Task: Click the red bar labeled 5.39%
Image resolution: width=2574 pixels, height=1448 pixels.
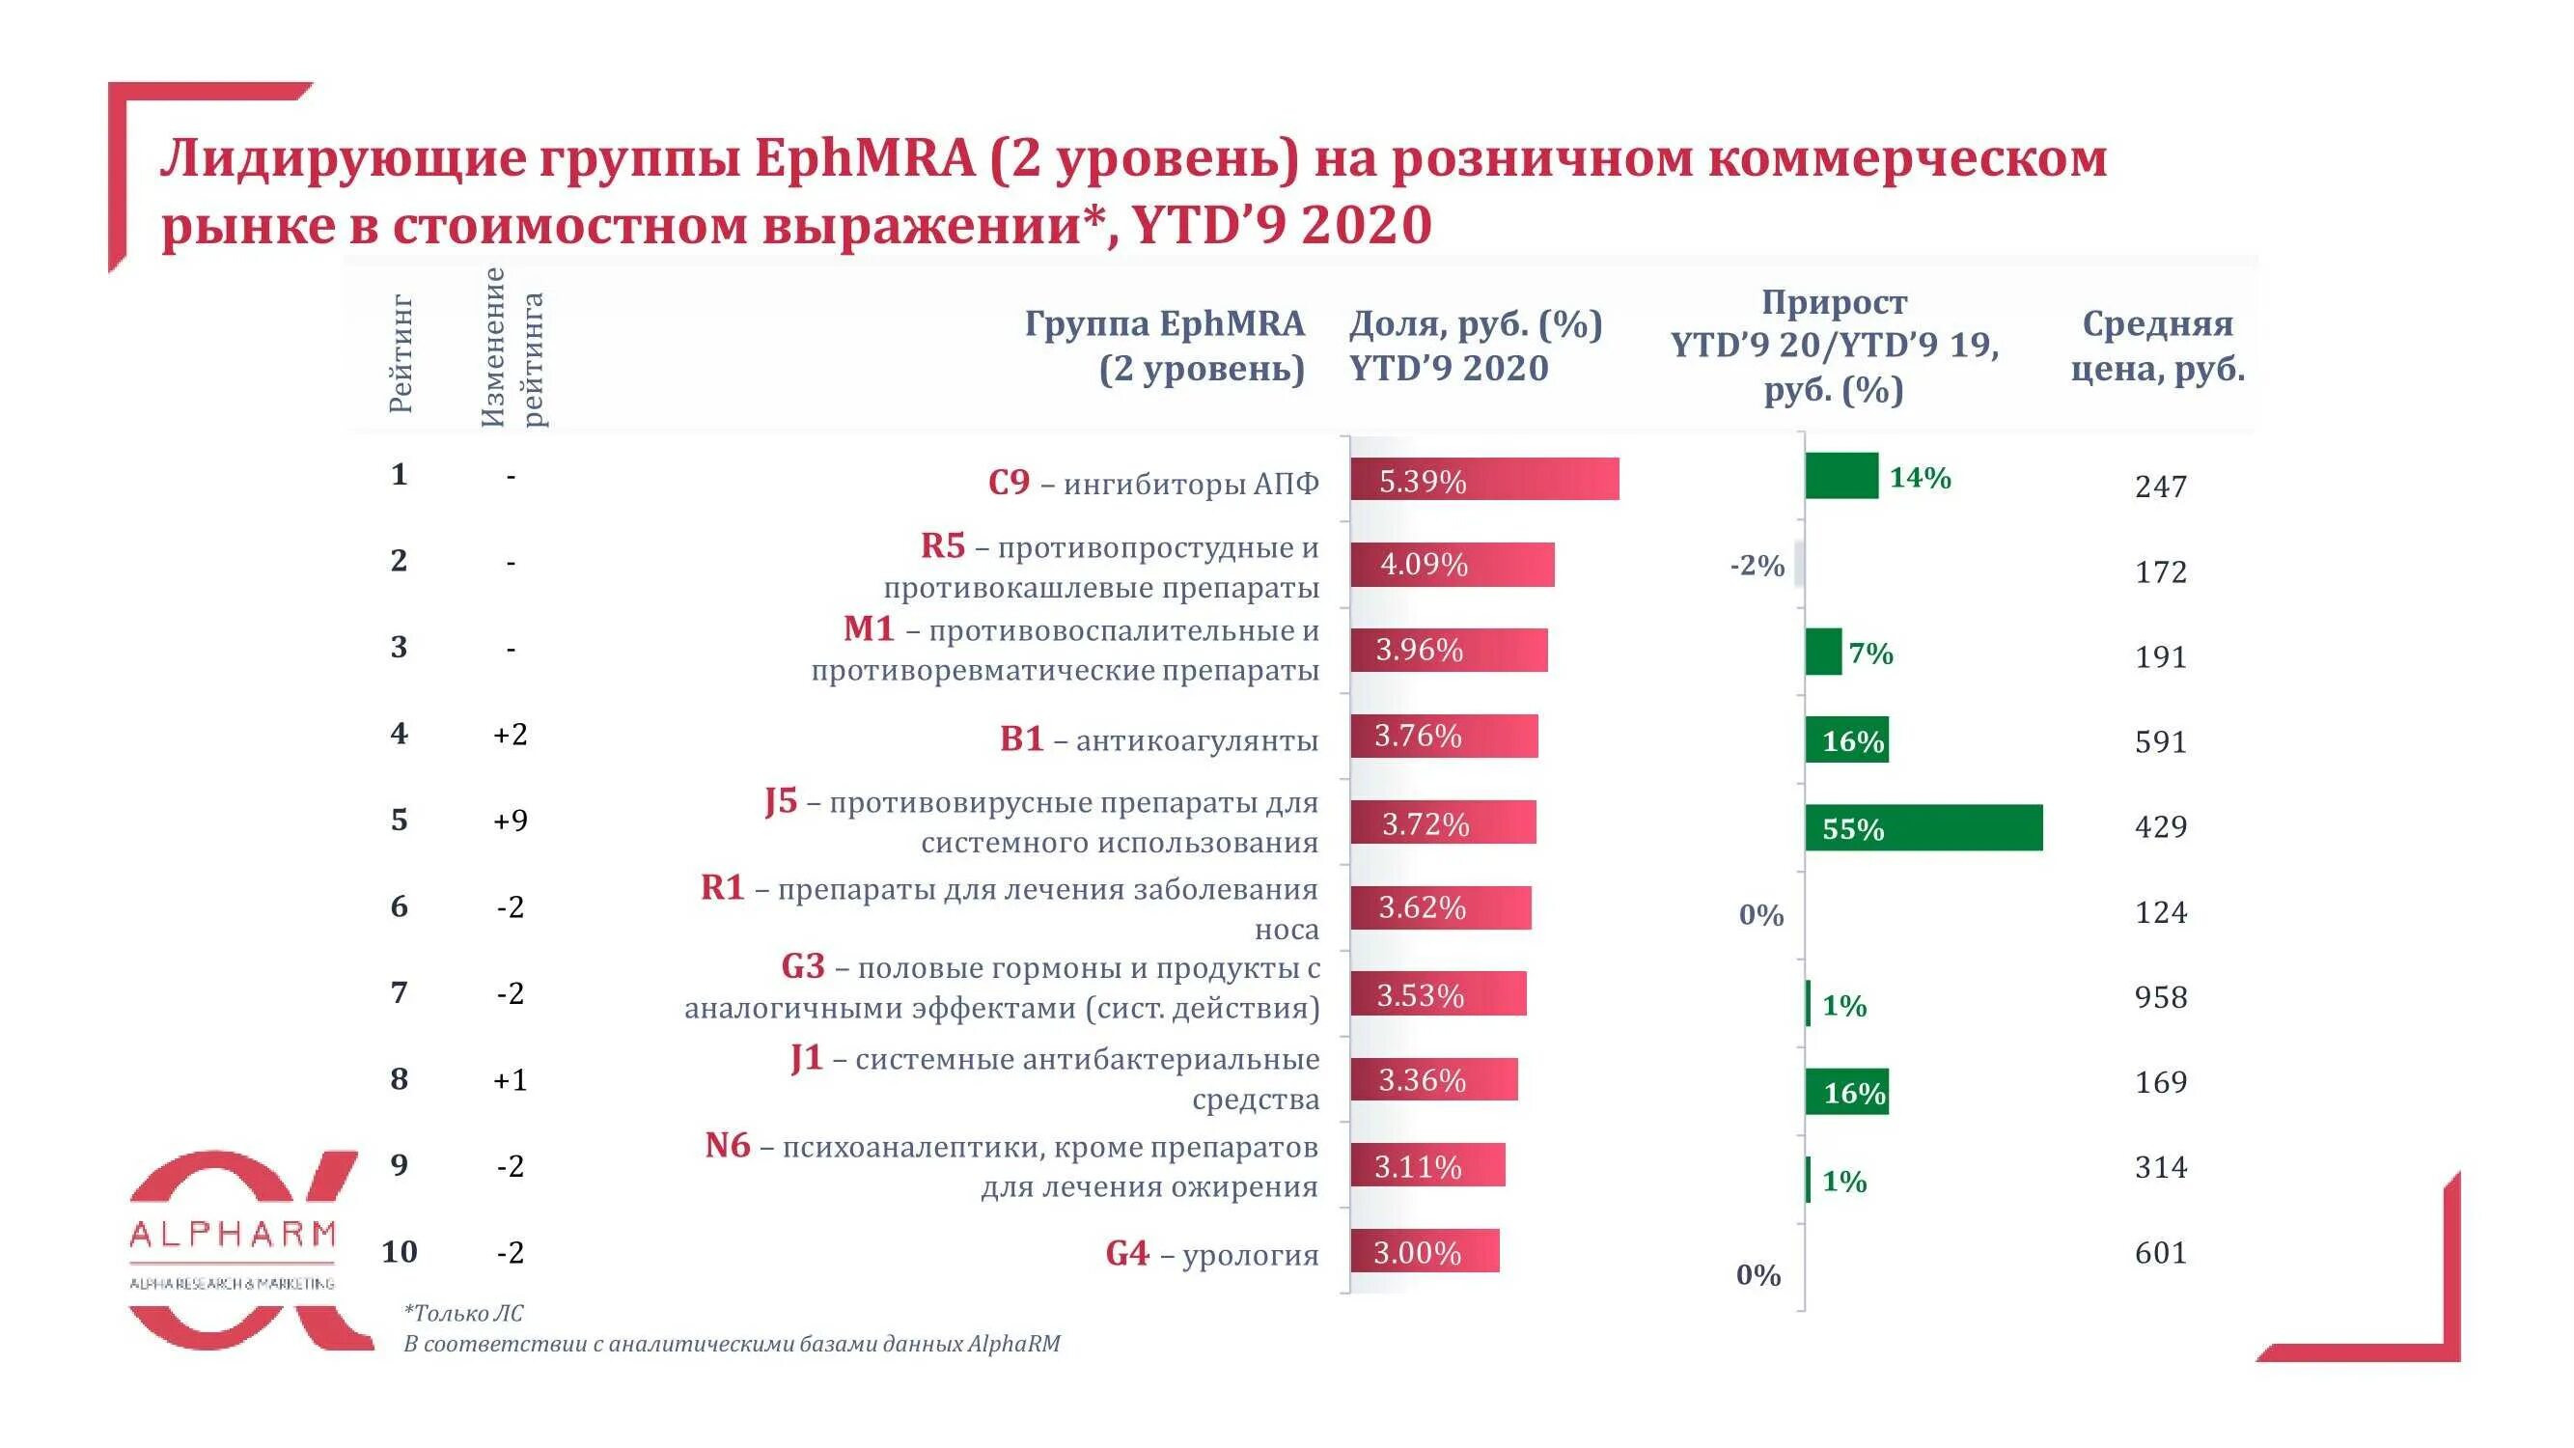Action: pos(1483,480)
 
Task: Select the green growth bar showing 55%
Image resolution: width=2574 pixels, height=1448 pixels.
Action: pos(1924,827)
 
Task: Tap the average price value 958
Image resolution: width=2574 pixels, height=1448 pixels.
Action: pos(2160,997)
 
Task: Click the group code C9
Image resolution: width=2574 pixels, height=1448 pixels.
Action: pos(1009,483)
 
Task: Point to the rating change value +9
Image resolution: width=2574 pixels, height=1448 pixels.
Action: pos(510,821)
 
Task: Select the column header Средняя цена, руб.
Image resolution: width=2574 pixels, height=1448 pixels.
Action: pos(2157,346)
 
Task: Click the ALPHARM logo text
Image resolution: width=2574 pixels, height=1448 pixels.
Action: pos(232,1236)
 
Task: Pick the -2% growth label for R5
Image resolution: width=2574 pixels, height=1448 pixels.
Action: pos(1757,566)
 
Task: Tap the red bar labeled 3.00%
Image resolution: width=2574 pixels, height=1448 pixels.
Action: pos(1424,1251)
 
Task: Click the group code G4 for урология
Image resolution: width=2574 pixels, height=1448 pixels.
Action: pos(1127,1253)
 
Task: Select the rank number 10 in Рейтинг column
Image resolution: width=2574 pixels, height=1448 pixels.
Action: pos(399,1251)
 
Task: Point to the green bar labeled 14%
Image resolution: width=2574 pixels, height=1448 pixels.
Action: pos(1841,476)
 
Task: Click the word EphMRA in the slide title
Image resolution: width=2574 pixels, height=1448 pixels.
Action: pos(865,158)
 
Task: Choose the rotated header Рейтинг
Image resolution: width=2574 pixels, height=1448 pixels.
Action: pos(400,352)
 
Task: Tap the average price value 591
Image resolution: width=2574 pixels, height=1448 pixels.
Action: pos(2160,742)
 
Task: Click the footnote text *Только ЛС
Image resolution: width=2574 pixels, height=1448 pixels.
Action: pos(462,1313)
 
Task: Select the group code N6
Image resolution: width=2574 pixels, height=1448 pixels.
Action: pos(727,1145)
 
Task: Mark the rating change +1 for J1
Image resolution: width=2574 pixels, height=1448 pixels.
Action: pos(510,1079)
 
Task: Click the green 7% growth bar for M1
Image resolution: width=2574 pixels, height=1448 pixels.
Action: pos(1822,652)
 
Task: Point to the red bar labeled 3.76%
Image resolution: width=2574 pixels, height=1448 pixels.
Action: pos(1443,736)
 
